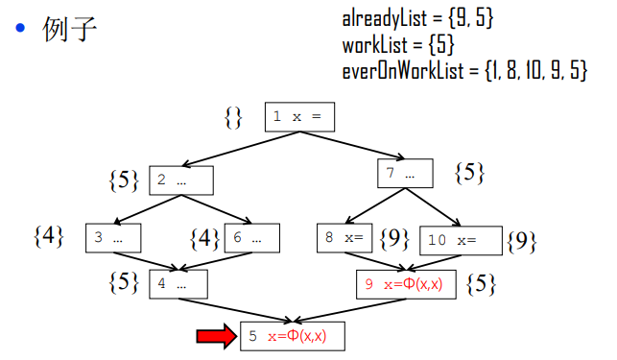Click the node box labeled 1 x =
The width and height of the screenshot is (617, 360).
(299, 117)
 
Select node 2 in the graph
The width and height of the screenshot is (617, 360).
(180, 180)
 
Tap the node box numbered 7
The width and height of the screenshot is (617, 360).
(404, 174)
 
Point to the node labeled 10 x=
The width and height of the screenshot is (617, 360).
(462, 239)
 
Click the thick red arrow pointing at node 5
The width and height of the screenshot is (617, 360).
(215, 335)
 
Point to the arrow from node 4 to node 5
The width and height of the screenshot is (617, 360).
(235, 310)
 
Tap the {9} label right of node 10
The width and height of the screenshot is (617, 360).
(521, 240)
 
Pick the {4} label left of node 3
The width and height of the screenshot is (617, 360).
(48, 235)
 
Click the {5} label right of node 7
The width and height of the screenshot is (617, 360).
(469, 173)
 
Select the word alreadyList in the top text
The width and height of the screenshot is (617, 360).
(382, 18)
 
